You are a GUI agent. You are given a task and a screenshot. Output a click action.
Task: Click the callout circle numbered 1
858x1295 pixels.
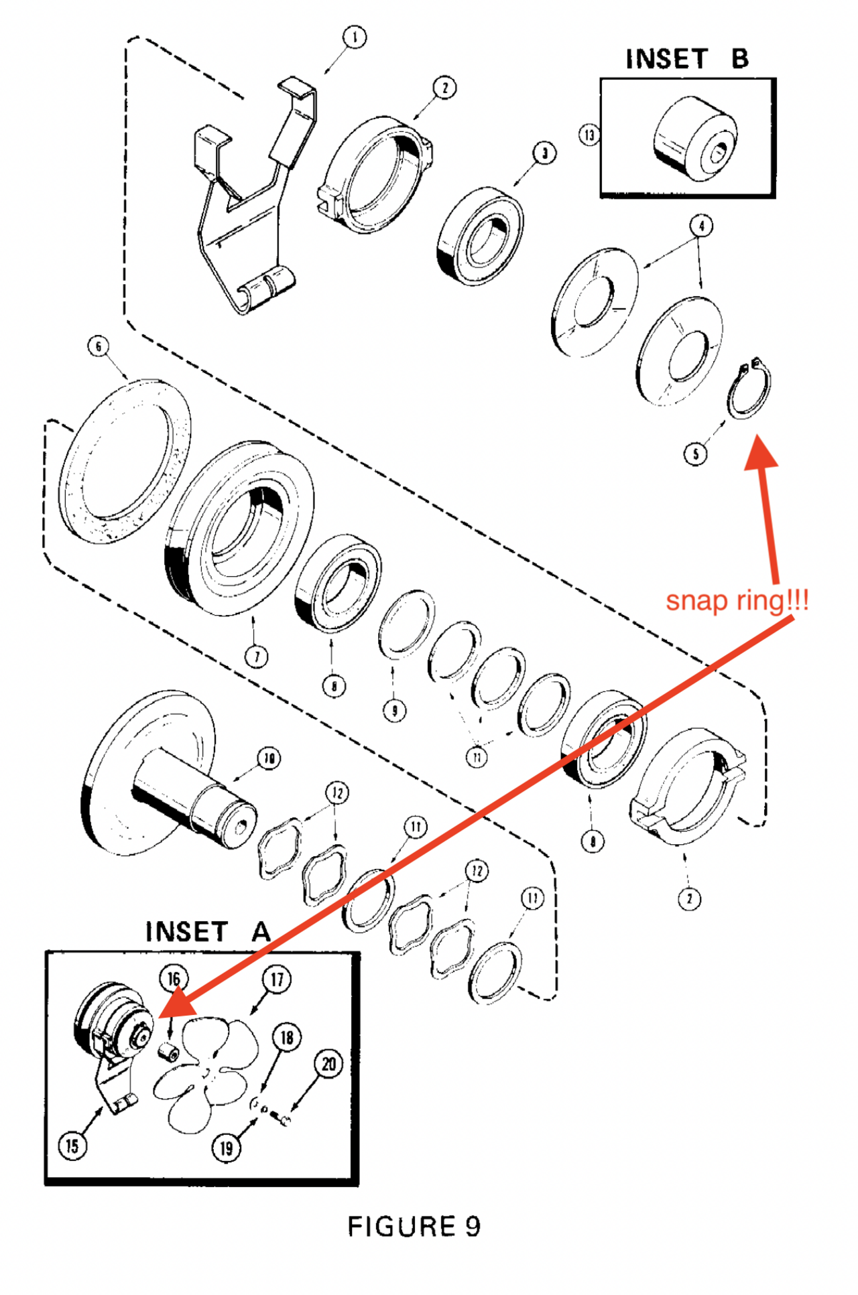click(x=355, y=38)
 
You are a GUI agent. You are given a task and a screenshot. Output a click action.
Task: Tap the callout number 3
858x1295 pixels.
click(x=544, y=153)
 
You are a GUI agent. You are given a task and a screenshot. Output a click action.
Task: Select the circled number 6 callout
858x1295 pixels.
click(x=99, y=346)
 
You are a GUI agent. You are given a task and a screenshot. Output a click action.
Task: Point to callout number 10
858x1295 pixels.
click(x=269, y=758)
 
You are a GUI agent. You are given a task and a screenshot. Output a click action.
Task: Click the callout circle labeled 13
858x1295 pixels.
click(x=589, y=135)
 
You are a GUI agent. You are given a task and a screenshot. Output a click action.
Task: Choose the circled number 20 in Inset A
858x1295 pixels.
click(x=328, y=1064)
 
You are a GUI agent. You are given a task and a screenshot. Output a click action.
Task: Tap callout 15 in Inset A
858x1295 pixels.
click(x=72, y=1146)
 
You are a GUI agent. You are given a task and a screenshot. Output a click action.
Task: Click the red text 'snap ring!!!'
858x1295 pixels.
click(x=737, y=600)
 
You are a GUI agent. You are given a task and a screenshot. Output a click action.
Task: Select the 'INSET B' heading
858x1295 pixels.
click(x=687, y=59)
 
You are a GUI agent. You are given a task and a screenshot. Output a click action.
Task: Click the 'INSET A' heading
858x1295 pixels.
click(x=208, y=932)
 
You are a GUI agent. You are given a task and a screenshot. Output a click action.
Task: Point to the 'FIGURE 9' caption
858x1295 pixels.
click(x=414, y=1227)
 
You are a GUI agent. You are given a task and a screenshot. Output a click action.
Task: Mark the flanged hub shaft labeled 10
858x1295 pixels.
click(x=168, y=777)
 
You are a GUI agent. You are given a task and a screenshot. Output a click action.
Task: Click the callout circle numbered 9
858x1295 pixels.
click(x=394, y=709)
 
